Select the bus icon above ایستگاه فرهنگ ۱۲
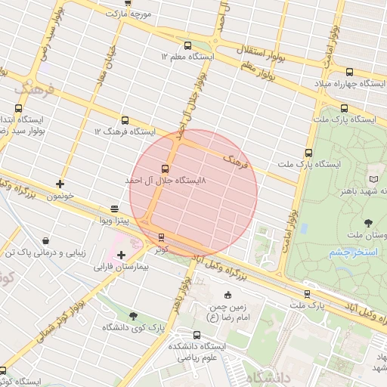tap(125, 120)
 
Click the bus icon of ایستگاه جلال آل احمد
tap(165, 169)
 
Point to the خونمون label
tap(60, 195)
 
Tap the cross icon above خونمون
tap(60, 184)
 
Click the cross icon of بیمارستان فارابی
tap(121, 255)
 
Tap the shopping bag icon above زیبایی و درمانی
tap(47, 240)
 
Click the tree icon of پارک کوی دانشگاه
tap(133, 317)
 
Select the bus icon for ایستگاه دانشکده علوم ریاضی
tap(197, 335)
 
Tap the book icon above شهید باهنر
tap(373, 178)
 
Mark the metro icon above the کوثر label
tap(161, 237)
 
